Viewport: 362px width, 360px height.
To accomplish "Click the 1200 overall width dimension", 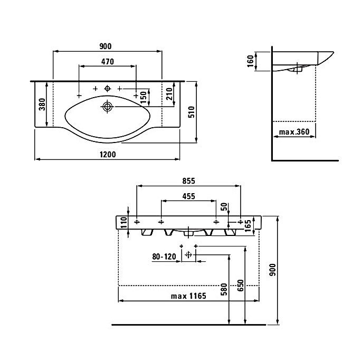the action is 108,154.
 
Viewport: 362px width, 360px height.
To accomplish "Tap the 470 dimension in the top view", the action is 108,62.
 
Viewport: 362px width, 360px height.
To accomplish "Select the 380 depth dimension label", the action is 42,105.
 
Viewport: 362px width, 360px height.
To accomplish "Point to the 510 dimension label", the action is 192,112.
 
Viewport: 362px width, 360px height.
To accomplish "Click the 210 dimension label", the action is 169,94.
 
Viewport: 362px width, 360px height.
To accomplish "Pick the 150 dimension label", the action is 144,98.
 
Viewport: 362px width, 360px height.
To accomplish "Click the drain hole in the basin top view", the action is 107,107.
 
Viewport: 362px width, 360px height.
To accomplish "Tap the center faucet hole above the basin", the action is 107,89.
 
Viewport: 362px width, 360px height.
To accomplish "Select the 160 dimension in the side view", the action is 250,61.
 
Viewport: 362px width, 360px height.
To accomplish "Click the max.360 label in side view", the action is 294,132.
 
